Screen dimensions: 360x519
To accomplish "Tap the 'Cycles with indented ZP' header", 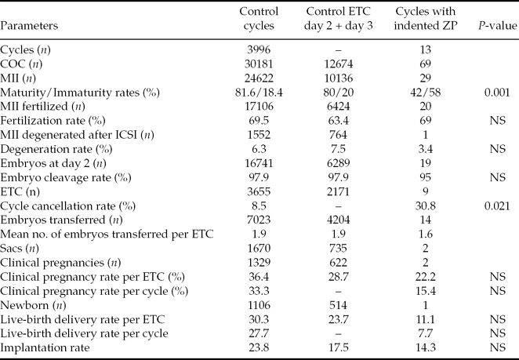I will [423, 19].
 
